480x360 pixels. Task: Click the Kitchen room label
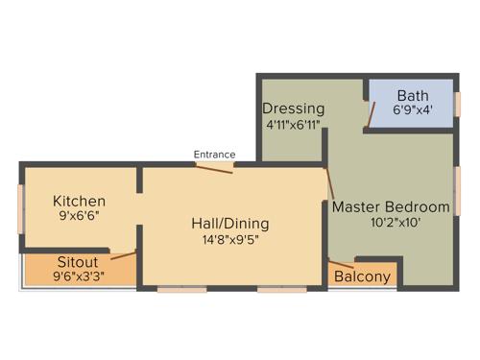point(79,201)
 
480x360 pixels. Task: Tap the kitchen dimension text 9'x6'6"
point(79,217)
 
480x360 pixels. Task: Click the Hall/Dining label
point(229,224)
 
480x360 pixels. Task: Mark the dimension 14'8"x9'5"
point(229,240)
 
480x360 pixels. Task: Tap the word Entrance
point(214,154)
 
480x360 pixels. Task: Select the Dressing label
point(293,108)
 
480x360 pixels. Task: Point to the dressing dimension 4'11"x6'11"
point(293,125)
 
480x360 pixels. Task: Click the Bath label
point(413,95)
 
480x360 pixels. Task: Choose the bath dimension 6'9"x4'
point(413,110)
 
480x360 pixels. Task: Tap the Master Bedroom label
point(391,206)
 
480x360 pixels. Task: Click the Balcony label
point(362,277)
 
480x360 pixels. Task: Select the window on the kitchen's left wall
point(20,207)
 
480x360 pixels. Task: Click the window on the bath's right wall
point(458,104)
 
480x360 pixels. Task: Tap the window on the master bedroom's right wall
point(458,189)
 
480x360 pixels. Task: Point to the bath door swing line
point(370,114)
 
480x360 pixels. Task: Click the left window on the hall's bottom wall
point(182,288)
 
